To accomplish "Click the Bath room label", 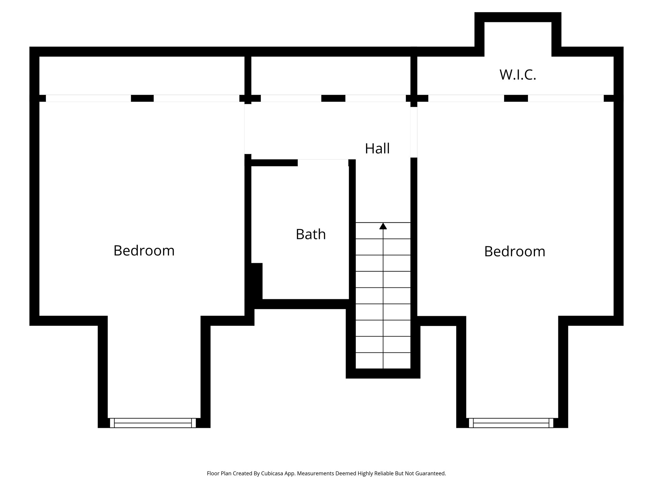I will (311, 234).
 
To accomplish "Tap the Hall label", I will (377, 149).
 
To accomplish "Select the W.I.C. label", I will (517, 75).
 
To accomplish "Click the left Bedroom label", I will (144, 251).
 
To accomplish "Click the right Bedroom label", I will (515, 252).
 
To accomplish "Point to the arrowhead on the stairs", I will (383, 226).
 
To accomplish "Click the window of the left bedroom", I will (153, 423).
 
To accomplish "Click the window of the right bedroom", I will (511, 423).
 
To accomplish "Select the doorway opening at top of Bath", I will (323, 162).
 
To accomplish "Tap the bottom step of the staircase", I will (383, 361).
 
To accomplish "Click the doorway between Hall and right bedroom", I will (414, 132).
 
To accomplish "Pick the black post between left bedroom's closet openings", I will (142, 98).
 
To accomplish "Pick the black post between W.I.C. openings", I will (516, 98).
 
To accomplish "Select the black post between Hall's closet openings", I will (333, 98).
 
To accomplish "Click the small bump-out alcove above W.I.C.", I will (518, 35).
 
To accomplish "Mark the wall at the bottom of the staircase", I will (383, 374).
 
